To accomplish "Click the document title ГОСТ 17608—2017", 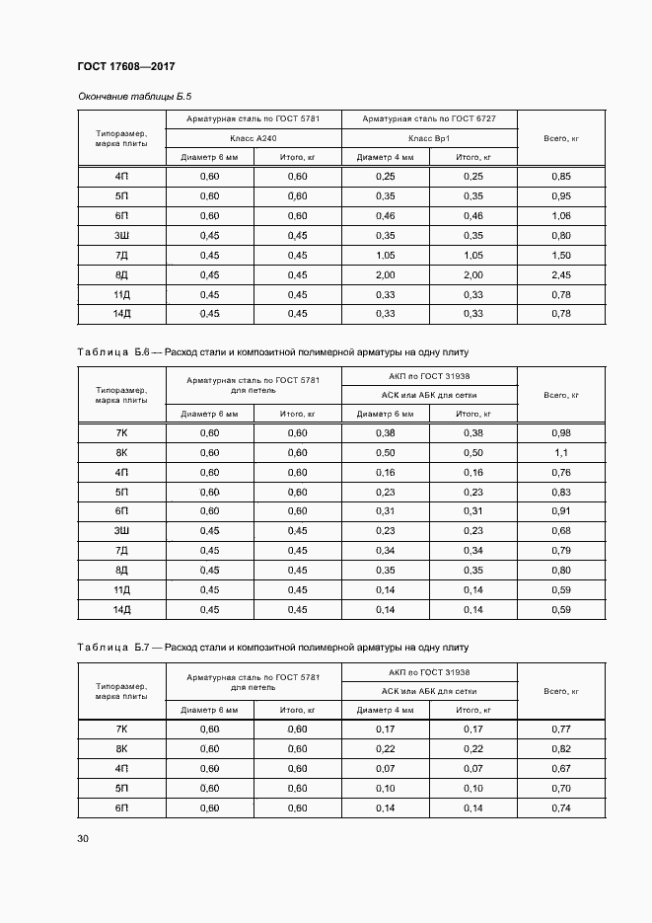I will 126,66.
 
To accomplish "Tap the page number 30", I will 83,838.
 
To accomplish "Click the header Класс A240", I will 254,138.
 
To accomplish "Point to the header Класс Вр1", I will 429,138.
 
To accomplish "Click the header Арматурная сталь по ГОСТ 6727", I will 429,119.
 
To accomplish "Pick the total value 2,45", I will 561,274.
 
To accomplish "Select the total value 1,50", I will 561,255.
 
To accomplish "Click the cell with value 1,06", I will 561,215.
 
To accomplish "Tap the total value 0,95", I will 561,195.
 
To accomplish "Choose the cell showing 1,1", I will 561,452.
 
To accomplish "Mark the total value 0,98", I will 561,432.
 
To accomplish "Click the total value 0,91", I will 561,510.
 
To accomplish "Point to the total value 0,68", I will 561,530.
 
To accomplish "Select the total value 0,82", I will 561,748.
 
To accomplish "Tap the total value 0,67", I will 561,768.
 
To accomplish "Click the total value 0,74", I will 561,808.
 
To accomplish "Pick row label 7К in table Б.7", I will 122,729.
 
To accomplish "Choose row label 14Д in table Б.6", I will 122,609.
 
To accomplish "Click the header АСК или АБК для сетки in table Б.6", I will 429,395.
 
